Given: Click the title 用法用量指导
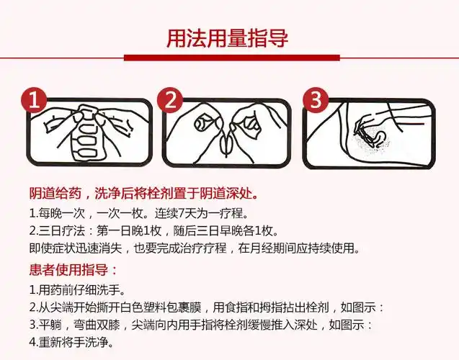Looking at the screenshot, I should tap(228, 37).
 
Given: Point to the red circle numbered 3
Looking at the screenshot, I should tap(314, 100).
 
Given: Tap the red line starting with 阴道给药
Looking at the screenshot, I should tap(143, 194).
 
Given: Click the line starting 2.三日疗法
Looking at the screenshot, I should tap(153, 230).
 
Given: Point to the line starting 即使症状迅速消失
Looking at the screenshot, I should tap(194, 248).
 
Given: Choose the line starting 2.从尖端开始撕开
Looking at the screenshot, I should tap(207, 307).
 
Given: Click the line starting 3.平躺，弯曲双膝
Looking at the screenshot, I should tap(201, 325).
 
